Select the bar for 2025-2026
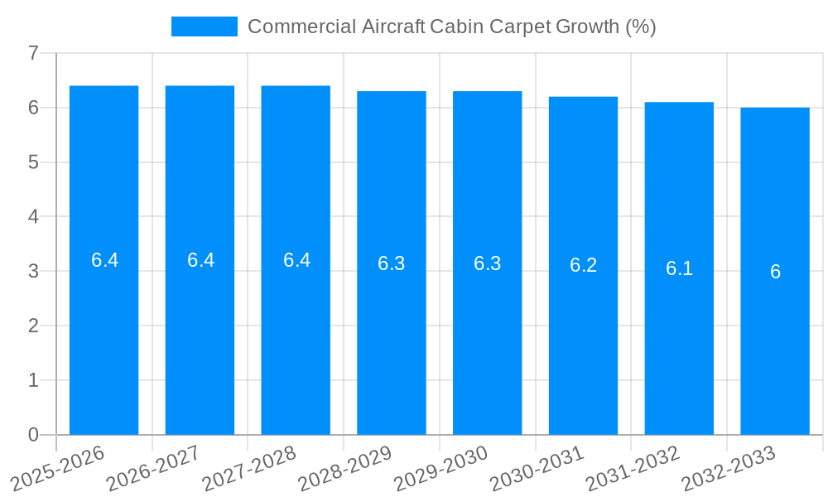click(x=103, y=331)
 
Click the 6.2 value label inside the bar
click(x=583, y=265)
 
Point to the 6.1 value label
click(x=679, y=268)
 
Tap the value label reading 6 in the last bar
click(x=775, y=272)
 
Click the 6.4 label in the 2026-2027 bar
click(x=200, y=260)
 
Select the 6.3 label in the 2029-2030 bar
click(x=487, y=263)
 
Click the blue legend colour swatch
click(x=204, y=27)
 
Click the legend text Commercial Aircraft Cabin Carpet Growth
click(x=451, y=27)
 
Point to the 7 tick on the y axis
click(x=33, y=53)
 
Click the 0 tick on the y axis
click(x=33, y=435)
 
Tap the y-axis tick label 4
click(x=33, y=217)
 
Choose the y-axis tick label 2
click(x=33, y=326)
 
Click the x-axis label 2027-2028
click(x=249, y=469)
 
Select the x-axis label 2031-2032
click(x=633, y=469)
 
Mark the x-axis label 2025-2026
click(x=57, y=469)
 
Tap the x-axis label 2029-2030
click(x=440, y=469)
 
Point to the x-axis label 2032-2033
click(x=729, y=469)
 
